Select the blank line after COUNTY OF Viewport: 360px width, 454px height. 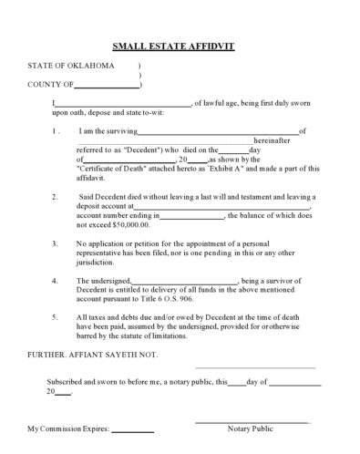(x=108, y=85)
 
